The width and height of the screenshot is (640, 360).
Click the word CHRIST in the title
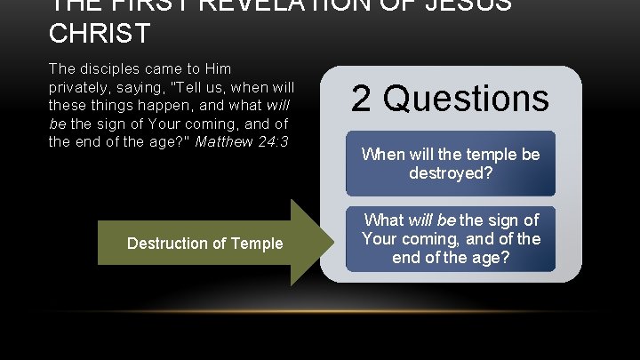100,35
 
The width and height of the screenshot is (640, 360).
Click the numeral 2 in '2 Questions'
362,98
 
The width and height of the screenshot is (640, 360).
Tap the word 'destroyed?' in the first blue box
450,173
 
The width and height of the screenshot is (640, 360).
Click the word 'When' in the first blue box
380,155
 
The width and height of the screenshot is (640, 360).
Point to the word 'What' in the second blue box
384,220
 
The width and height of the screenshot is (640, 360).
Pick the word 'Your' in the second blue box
381,239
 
